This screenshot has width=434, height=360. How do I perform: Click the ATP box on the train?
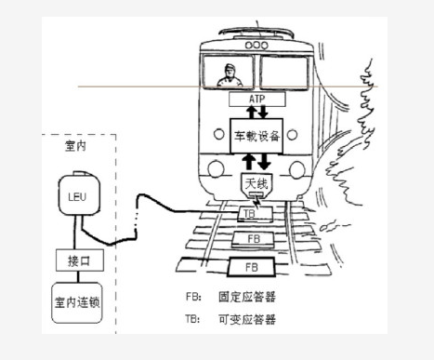[x=257, y=100]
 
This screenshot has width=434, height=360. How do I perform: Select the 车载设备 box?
[x=256, y=136]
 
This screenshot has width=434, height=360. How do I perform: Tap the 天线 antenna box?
[x=256, y=185]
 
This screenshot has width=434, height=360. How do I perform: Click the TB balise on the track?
[x=255, y=214]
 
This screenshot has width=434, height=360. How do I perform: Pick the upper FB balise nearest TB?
[x=254, y=239]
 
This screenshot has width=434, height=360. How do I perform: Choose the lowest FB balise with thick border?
[x=251, y=267]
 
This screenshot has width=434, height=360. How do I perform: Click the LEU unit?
[x=79, y=194]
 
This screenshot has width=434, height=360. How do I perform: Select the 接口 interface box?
[x=80, y=260]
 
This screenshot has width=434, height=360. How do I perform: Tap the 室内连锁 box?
[x=77, y=302]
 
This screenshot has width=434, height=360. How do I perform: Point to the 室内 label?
[x=75, y=146]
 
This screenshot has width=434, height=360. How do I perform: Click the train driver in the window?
[x=230, y=76]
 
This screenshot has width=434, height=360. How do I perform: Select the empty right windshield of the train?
[x=284, y=73]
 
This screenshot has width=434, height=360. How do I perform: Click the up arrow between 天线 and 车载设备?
[x=249, y=162]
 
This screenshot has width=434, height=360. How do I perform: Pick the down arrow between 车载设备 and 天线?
[x=264, y=162]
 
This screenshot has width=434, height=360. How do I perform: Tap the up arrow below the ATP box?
[x=252, y=113]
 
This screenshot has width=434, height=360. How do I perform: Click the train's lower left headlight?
[x=216, y=169]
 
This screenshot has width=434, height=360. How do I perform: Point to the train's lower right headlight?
[x=296, y=169]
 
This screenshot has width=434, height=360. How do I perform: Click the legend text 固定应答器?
[x=247, y=297]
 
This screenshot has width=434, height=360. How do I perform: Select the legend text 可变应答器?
[x=247, y=319]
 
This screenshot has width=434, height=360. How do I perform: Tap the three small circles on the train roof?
[x=256, y=46]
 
